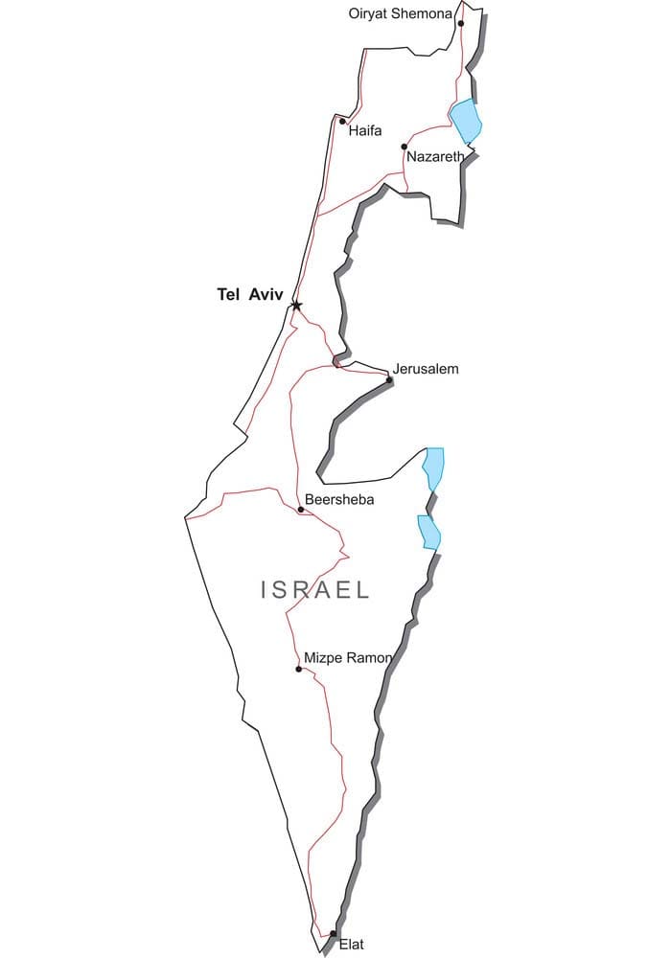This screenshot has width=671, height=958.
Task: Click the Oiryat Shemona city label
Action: click(400, 13)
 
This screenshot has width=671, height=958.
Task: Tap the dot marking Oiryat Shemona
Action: click(461, 24)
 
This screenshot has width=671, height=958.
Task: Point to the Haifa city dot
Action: click(342, 121)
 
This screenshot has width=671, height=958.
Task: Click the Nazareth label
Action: click(435, 156)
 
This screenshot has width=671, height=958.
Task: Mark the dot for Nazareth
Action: click(405, 147)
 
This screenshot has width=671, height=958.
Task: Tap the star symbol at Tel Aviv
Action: click(296, 306)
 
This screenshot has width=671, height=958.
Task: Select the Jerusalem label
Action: click(426, 369)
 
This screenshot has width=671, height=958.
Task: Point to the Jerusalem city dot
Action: click(389, 380)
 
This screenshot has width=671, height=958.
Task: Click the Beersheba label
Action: click(339, 500)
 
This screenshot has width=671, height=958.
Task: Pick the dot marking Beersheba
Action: click(301, 510)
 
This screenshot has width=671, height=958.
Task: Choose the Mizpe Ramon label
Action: click(347, 658)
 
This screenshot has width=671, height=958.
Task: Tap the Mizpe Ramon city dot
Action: click(299, 669)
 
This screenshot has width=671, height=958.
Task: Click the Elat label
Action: click(352, 944)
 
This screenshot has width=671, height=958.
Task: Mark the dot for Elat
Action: click(333, 933)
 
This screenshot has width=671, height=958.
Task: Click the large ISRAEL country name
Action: click(315, 590)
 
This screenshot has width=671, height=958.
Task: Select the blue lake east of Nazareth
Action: click(466, 121)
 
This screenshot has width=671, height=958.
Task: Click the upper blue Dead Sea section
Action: click(434, 468)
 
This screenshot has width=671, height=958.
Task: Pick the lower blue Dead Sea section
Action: click(428, 532)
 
